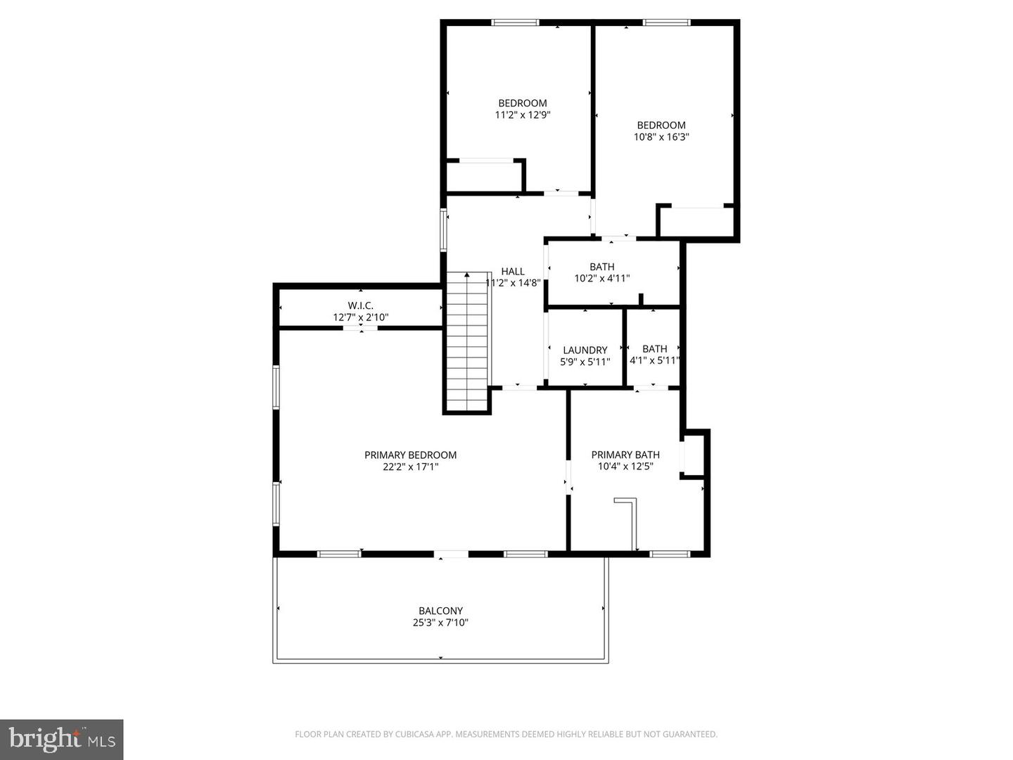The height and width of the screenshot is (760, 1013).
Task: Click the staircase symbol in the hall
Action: point(467,341)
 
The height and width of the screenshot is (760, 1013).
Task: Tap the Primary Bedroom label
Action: point(410,455)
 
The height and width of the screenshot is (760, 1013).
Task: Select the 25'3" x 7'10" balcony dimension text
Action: point(440,623)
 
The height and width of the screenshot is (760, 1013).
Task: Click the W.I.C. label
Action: point(360,305)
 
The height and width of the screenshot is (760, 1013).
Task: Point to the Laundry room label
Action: point(585,350)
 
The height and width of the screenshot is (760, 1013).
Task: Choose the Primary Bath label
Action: point(625,455)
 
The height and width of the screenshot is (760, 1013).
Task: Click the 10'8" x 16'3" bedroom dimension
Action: point(661,137)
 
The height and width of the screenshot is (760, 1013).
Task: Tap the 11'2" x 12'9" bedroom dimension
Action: point(522,115)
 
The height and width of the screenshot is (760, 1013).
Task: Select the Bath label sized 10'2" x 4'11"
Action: point(601,267)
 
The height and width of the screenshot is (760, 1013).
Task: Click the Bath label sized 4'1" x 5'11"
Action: point(654,348)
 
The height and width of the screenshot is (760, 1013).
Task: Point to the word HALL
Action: point(513,272)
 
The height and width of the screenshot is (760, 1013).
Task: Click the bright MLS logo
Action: point(61,739)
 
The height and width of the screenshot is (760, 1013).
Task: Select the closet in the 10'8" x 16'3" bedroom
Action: point(696,222)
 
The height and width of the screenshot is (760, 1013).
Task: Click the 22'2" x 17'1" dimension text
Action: point(410,467)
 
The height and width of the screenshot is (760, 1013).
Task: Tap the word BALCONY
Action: point(440,611)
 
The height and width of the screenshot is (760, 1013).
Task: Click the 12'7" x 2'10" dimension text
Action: point(360,317)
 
